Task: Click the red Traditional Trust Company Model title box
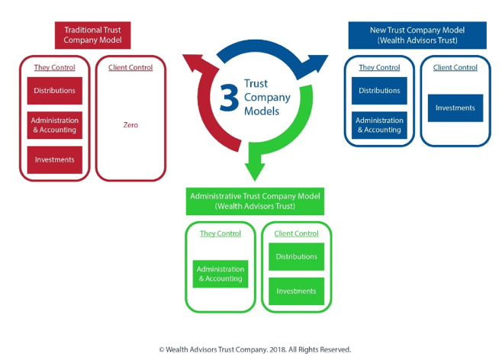pos(92,35)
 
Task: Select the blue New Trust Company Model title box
pos(417,35)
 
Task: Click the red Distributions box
pos(54,91)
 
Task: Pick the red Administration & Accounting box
pos(54,125)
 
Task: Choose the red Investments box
pos(54,159)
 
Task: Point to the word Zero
pos(130,124)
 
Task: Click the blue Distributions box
pos(379,91)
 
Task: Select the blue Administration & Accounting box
pos(379,125)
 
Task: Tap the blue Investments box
pos(455,108)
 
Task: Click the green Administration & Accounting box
pos(220,274)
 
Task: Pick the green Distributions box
pos(297,256)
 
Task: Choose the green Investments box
pos(297,291)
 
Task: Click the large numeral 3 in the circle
pos(229,98)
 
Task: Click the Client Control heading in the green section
pos(297,233)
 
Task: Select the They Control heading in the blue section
pos(379,68)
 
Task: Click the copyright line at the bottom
pos(255,349)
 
